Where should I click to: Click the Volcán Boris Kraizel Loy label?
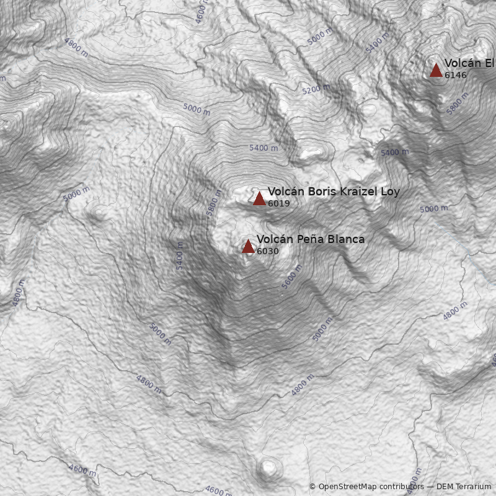[x=334, y=192]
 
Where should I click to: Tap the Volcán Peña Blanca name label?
[x=311, y=239]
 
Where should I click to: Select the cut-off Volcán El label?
[x=469, y=63]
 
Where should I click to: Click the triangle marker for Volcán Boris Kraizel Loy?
[x=259, y=198]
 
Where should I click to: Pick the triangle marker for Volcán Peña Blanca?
[x=248, y=247]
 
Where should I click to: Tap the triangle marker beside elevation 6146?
[x=436, y=70]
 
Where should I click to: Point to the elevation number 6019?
[x=278, y=203]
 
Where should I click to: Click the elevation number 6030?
[x=267, y=251]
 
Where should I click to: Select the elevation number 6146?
[x=455, y=75]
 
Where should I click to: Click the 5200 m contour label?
[x=316, y=89]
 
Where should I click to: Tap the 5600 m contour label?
[x=292, y=277]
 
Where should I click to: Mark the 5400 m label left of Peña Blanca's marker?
[x=180, y=255]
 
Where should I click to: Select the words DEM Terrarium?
[x=464, y=487]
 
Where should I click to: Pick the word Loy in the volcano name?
[x=390, y=192]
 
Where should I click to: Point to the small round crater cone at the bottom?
[x=268, y=467]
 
